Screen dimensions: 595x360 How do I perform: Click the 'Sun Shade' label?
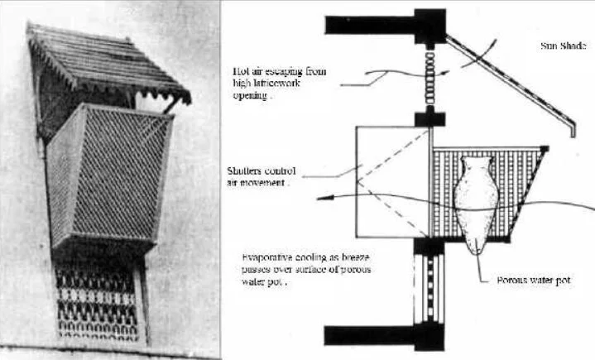tap(563, 46)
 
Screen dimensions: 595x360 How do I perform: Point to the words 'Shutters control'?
tap(260, 171)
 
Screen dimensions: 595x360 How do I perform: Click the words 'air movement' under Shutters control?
tap(255, 184)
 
